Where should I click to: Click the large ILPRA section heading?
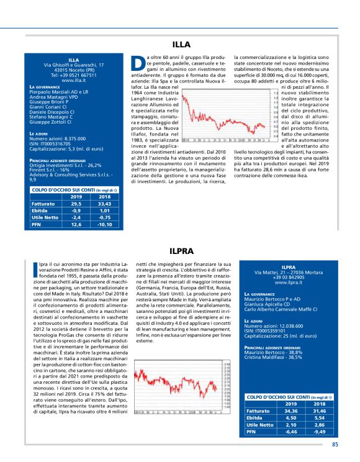coord(181,251)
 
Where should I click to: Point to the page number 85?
coord(335,443)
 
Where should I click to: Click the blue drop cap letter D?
coord(138,64)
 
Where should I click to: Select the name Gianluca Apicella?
coord(264,302)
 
